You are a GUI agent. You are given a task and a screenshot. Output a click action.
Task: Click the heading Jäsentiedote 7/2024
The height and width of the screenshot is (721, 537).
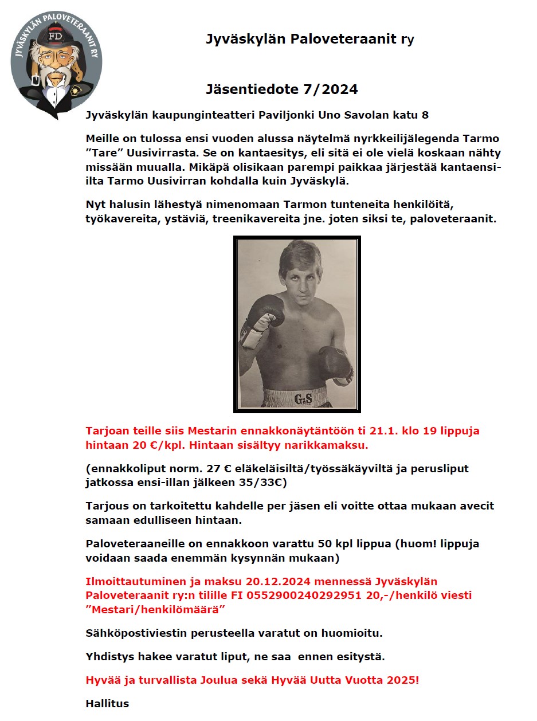281,89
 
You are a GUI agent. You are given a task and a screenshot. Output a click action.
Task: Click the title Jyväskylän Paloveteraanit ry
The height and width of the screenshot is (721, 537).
309,39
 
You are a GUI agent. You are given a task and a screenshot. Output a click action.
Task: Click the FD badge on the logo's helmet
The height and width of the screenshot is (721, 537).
56,36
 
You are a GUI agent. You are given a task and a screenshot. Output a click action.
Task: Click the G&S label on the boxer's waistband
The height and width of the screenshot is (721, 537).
303,398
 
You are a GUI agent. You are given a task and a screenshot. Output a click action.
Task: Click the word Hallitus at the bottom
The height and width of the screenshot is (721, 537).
107,703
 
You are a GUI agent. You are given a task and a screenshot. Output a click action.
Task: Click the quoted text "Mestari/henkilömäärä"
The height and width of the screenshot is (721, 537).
155,609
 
